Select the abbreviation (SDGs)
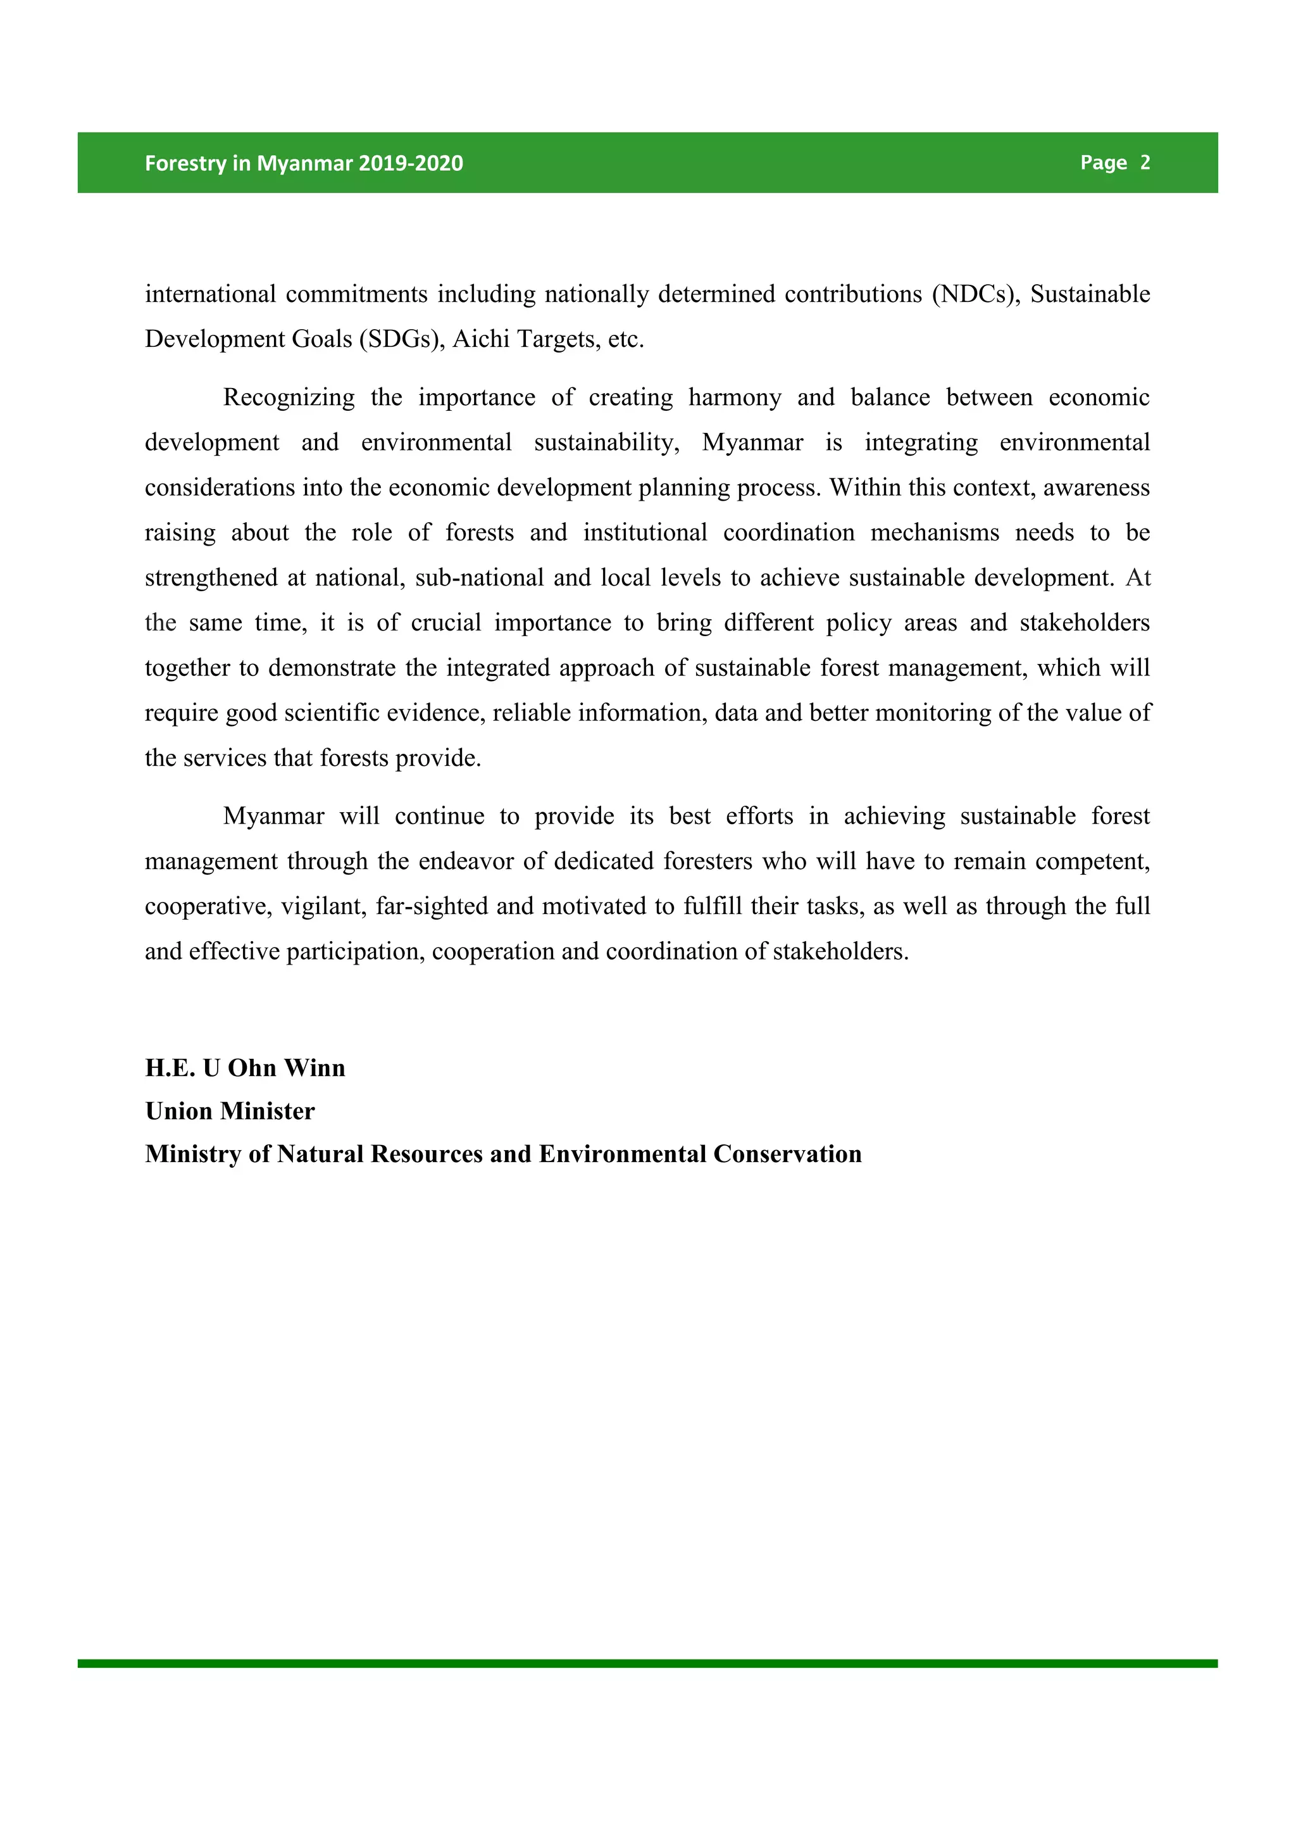[x=402, y=339]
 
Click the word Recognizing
[x=289, y=397]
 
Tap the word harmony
[x=734, y=397]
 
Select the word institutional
[x=645, y=532]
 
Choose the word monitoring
[x=932, y=713]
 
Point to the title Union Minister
[x=230, y=1111]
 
